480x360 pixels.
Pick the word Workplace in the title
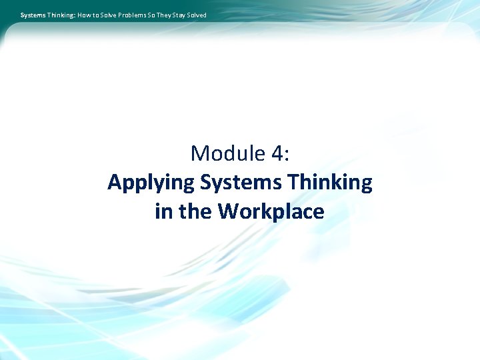(x=271, y=211)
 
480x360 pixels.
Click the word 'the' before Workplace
(x=195, y=211)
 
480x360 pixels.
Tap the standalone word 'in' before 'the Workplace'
(x=162, y=211)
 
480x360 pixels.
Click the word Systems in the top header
(x=33, y=15)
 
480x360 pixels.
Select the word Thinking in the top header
(x=61, y=15)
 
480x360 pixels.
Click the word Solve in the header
(x=110, y=15)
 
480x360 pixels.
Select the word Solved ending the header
(x=199, y=15)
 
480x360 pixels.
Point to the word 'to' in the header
(x=98, y=15)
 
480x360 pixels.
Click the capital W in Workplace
(x=229, y=211)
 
